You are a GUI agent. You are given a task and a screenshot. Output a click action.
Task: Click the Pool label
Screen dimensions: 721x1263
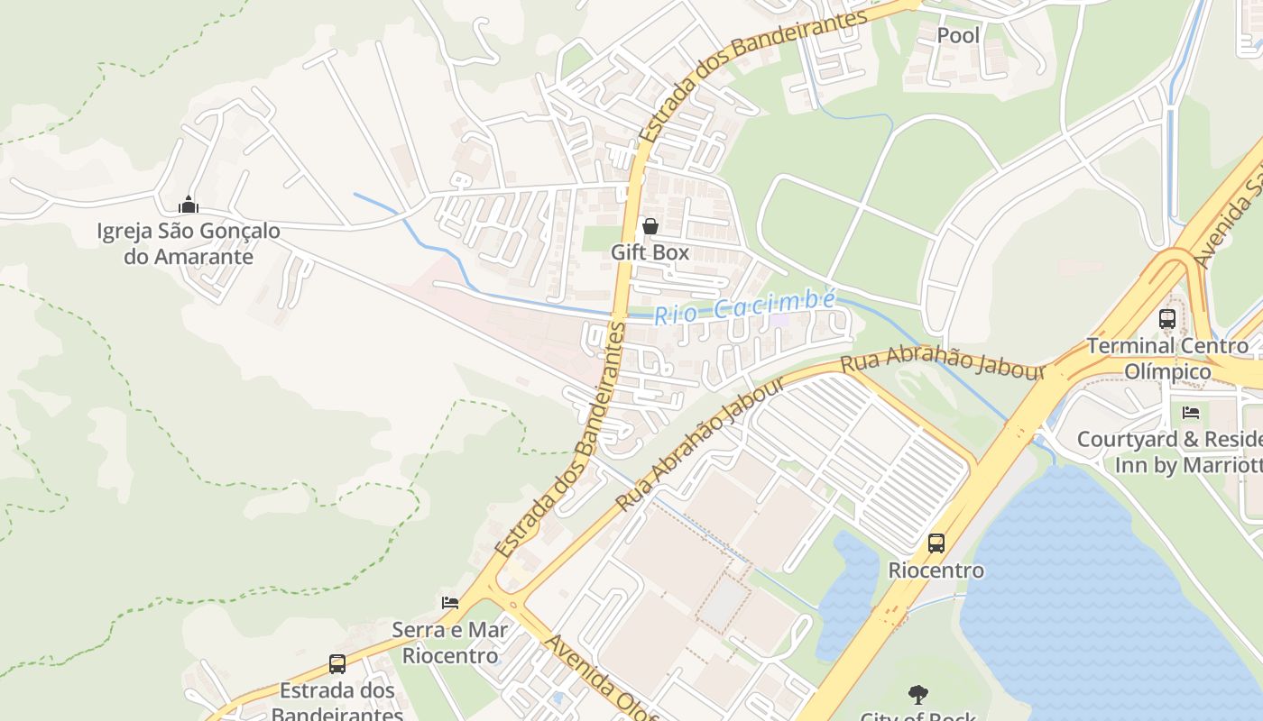coord(958,35)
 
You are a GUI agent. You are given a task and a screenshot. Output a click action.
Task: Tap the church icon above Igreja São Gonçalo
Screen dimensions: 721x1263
coord(189,205)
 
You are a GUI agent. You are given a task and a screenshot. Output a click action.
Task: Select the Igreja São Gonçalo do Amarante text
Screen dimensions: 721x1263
coord(189,243)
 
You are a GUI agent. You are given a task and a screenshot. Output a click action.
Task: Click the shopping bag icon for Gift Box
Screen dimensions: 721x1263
coord(650,226)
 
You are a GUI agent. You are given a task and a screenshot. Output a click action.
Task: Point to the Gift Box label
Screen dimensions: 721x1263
coord(650,252)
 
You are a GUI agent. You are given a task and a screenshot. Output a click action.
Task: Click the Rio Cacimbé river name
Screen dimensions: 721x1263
coord(745,307)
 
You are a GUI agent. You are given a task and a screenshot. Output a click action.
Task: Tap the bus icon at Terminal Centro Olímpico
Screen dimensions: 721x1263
coord(1167,318)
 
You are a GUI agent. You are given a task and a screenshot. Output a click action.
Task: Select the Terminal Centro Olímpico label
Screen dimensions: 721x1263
coord(1167,358)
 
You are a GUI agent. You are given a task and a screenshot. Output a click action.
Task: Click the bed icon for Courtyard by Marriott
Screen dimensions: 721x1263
coord(1191,413)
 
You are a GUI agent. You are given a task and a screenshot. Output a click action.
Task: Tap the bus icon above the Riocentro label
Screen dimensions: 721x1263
coord(936,543)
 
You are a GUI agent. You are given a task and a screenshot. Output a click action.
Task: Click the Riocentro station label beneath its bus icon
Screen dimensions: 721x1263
coord(936,570)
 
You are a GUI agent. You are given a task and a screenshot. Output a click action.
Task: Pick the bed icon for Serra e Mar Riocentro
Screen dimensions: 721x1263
coord(450,603)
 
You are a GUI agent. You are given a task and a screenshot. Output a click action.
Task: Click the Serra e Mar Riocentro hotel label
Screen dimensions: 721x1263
coord(450,642)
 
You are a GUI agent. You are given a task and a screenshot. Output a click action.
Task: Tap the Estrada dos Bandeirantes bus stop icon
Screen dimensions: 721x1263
coord(337,664)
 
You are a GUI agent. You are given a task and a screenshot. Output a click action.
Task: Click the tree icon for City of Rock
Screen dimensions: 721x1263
coord(918,695)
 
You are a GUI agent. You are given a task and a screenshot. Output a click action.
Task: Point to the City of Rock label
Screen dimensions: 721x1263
coord(918,716)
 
